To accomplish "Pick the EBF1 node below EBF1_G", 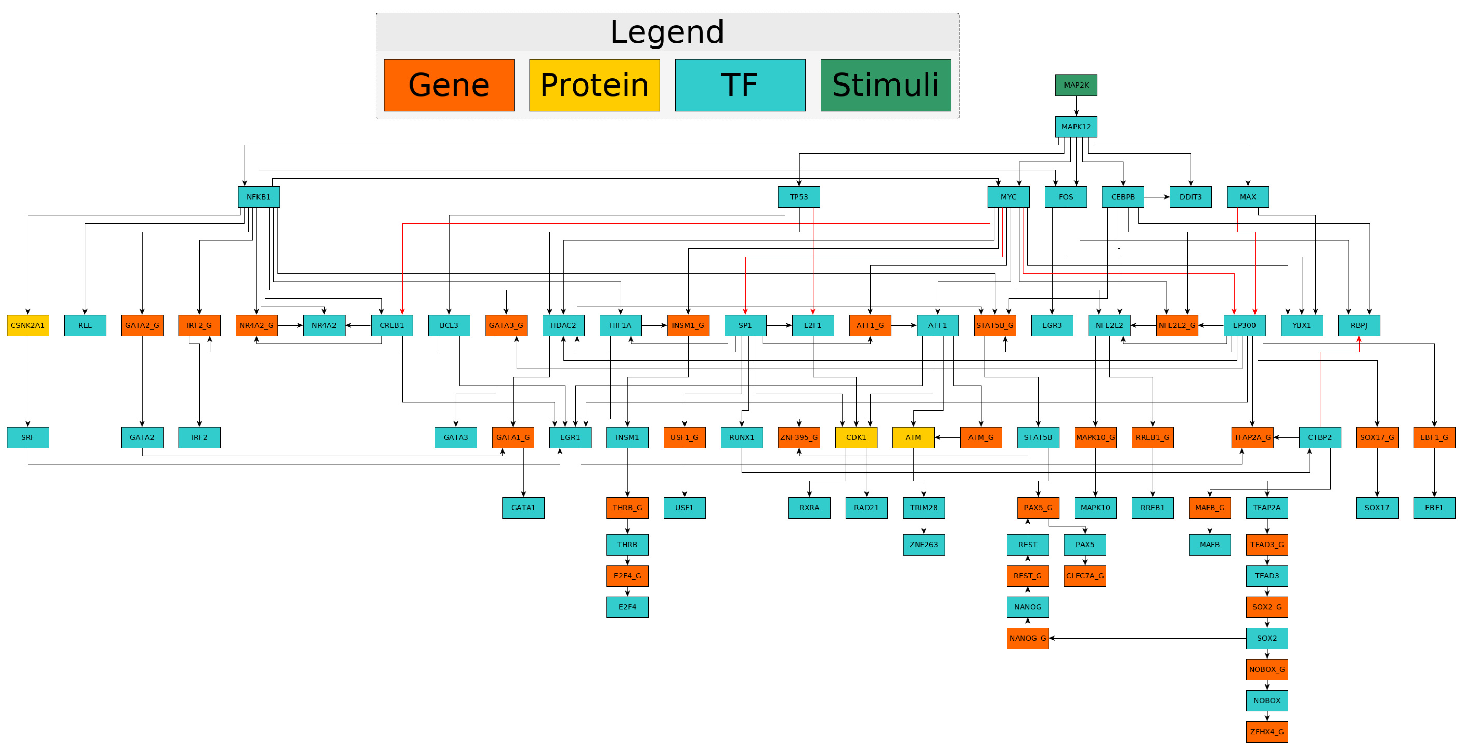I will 1434,508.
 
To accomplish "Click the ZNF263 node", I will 924,545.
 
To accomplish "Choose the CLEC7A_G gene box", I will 1084,576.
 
